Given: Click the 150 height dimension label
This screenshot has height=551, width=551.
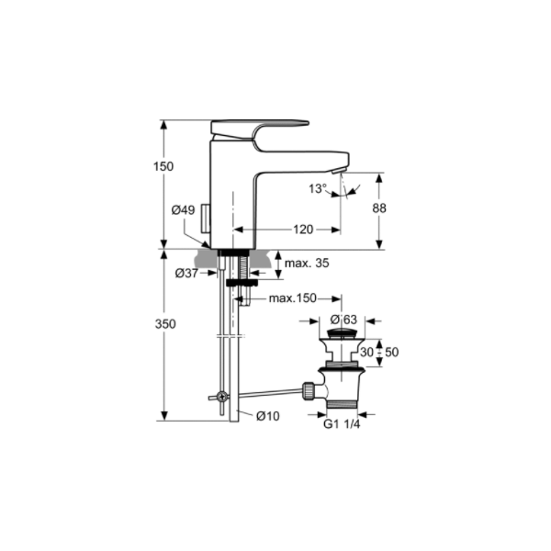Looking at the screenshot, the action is click(x=163, y=166).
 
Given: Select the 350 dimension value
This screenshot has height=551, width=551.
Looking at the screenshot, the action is click(x=165, y=324).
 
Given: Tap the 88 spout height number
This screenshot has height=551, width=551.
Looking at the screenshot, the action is click(x=379, y=208).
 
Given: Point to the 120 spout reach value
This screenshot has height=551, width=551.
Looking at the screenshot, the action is click(x=303, y=230).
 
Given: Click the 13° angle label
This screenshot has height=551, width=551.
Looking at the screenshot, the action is click(x=318, y=188).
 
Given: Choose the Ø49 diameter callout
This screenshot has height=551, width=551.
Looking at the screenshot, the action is click(x=183, y=210).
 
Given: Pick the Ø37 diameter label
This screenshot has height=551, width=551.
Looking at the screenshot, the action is click(x=186, y=273).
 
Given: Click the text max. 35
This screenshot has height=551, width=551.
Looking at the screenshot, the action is click(x=307, y=263).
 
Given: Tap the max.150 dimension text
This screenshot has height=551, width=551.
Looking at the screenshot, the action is click(x=293, y=298).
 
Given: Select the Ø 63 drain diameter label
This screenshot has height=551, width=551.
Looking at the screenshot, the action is click(x=343, y=320).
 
